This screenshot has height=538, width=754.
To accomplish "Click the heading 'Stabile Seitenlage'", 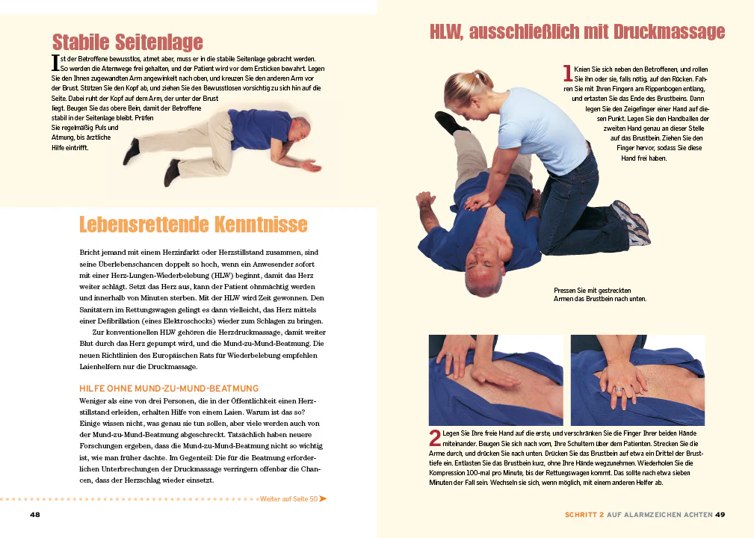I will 127,41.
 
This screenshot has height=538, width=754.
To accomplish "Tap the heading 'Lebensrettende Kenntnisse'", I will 193,224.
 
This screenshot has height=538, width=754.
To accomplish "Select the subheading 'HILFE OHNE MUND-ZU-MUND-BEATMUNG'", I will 169,388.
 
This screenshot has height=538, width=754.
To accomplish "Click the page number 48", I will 35,514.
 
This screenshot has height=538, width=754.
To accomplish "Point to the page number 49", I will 720,514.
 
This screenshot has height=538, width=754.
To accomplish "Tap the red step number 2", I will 434,439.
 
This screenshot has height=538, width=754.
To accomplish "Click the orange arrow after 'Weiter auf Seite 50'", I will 323,498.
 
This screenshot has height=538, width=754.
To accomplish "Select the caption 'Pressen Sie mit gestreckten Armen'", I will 599,294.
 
